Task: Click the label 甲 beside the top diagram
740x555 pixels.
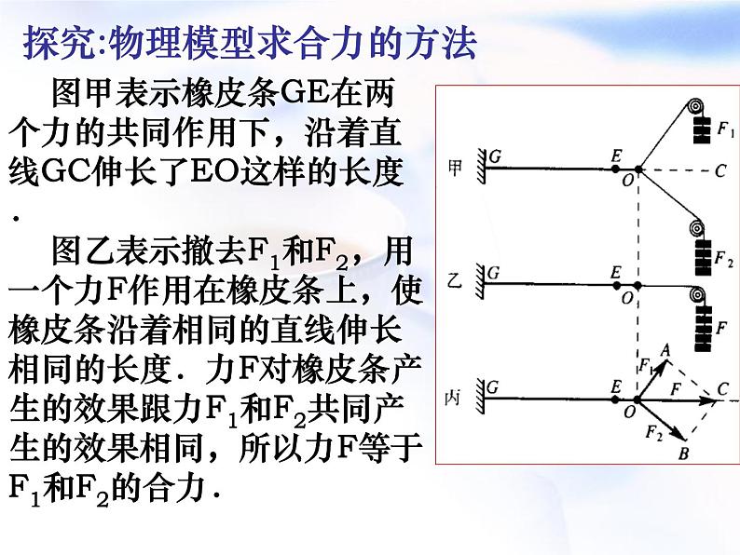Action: point(455,168)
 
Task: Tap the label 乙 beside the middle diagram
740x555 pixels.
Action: point(455,277)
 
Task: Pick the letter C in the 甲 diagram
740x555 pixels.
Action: point(719,170)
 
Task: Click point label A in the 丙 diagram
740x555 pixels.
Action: point(665,348)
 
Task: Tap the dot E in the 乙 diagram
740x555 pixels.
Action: point(618,285)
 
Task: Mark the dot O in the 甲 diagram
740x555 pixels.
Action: point(637,170)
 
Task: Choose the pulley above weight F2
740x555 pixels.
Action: point(695,227)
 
